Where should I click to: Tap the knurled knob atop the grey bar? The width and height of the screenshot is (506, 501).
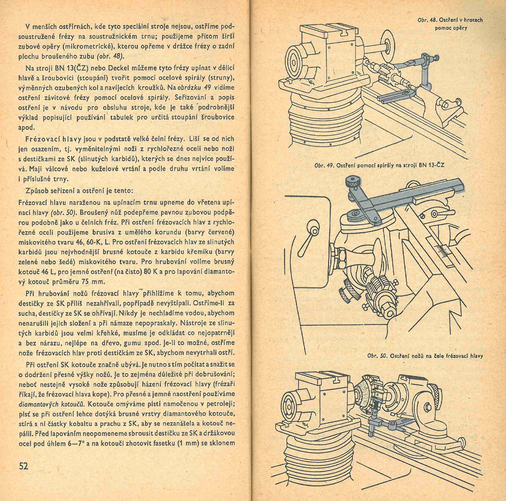[352, 182]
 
